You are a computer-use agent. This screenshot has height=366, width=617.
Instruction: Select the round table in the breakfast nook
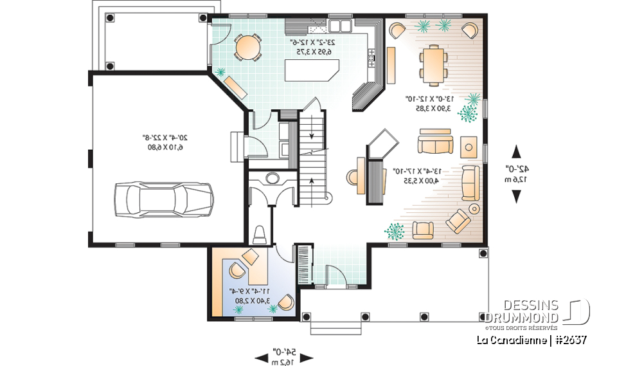(x=247, y=46)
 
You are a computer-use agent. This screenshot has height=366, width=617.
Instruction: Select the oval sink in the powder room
(x=272, y=178)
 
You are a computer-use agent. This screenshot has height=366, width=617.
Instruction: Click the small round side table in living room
(x=474, y=208)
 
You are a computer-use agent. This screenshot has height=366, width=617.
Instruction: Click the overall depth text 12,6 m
(x=517, y=179)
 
